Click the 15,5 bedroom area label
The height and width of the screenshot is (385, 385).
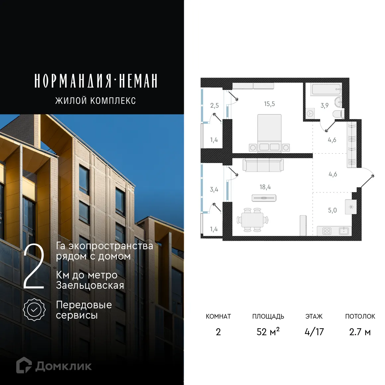click(x=269, y=104)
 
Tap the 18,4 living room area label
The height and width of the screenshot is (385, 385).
click(x=265, y=187)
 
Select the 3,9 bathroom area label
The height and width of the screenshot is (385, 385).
click(x=324, y=106)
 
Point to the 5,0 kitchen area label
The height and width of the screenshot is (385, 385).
click(x=332, y=210)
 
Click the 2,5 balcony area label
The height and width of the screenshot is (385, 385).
click(x=214, y=106)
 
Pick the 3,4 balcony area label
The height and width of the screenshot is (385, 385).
click(x=214, y=190)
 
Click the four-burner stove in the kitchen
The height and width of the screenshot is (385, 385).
click(x=327, y=231)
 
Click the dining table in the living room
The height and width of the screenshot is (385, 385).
click(x=253, y=220)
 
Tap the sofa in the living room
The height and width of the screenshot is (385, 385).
click(x=263, y=165)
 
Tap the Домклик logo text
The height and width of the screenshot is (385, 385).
click(x=63, y=366)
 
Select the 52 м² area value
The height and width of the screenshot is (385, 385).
click(x=268, y=332)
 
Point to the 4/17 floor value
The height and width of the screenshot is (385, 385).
click(x=314, y=332)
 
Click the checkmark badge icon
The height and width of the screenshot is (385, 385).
click(x=34, y=309)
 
